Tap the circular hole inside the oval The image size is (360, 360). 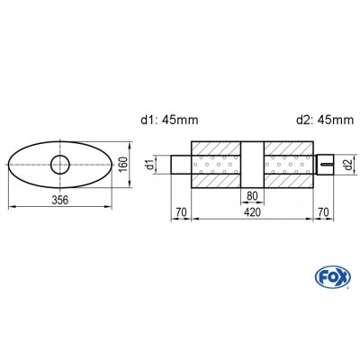click(x=60, y=164)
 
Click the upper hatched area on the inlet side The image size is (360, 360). click(x=216, y=149)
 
